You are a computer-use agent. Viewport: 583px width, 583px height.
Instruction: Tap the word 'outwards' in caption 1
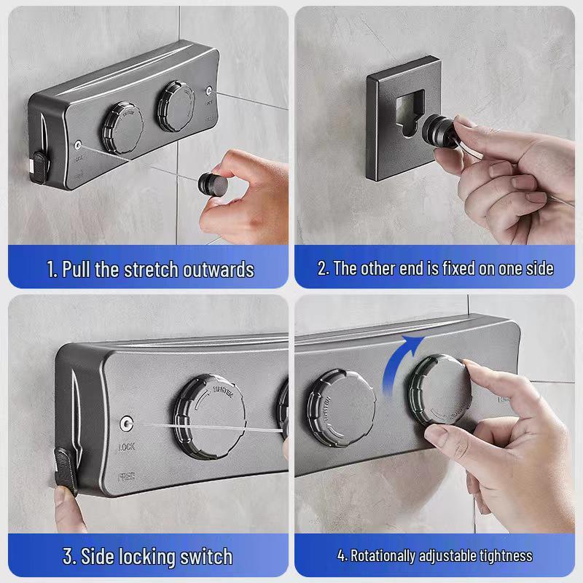pyautogui.click(x=217, y=270)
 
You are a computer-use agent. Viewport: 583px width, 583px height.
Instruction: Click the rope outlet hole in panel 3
pyautogui.click(x=128, y=423)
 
